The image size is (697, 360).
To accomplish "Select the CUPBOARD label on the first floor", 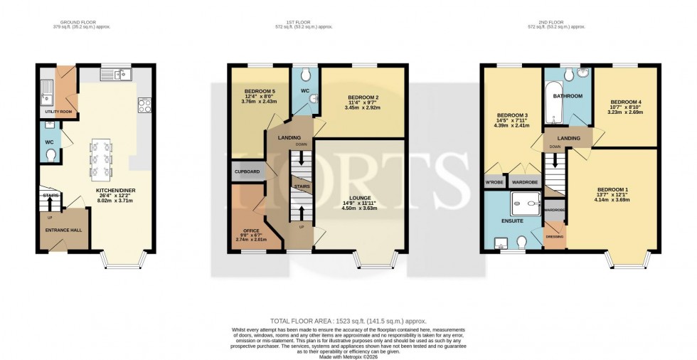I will coord(247,172).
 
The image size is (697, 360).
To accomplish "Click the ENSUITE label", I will coord(511,221).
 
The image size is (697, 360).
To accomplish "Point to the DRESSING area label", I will coord(554,236).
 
